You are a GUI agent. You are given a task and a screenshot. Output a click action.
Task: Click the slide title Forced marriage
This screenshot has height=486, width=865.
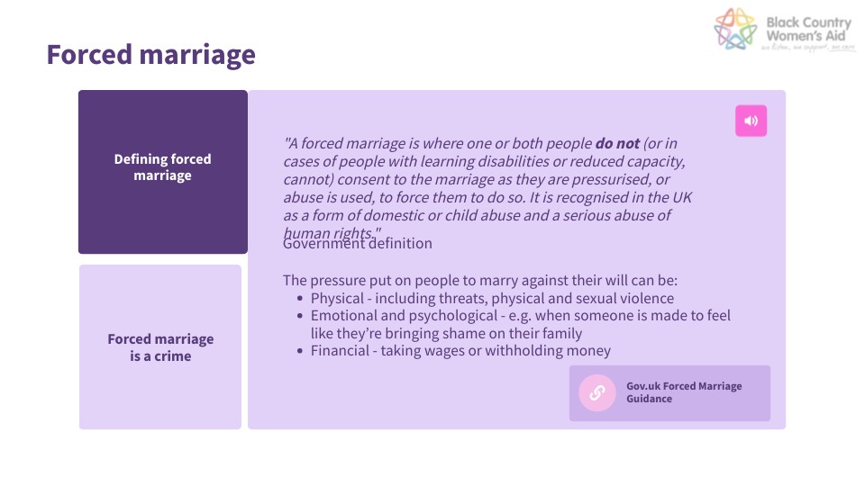click(x=150, y=55)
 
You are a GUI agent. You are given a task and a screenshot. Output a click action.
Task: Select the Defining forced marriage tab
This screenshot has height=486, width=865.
click(x=162, y=167)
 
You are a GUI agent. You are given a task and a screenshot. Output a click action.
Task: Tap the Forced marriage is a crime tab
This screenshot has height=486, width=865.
click(x=160, y=347)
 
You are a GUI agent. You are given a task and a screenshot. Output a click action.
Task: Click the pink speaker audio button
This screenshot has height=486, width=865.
click(x=751, y=121)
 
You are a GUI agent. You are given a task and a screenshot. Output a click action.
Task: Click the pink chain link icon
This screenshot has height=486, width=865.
click(x=596, y=392)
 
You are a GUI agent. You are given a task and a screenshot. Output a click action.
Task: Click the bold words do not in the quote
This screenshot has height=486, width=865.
click(x=617, y=143)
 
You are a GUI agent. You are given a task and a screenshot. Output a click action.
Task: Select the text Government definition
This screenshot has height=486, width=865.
click(x=358, y=244)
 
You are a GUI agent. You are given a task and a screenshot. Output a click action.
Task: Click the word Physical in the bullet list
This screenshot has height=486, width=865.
click(x=336, y=298)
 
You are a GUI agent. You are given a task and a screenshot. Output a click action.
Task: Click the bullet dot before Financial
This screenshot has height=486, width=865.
click(x=300, y=351)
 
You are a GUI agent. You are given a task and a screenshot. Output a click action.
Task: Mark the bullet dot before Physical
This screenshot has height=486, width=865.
click(x=300, y=298)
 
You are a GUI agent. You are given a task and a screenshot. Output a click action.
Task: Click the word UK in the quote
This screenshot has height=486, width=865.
click(x=680, y=197)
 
